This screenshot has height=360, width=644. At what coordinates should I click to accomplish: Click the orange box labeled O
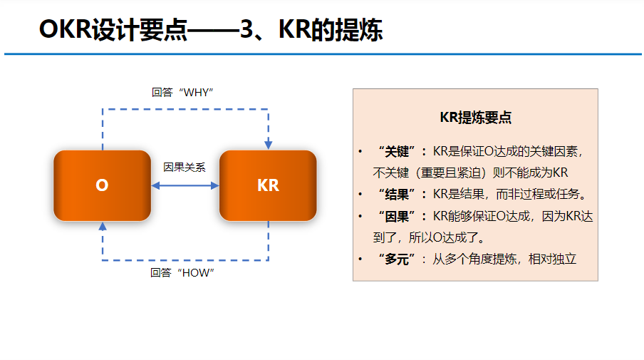tap(102, 185)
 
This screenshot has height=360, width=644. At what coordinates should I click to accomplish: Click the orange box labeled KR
tap(268, 185)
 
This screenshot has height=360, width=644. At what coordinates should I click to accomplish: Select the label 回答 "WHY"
tap(182, 93)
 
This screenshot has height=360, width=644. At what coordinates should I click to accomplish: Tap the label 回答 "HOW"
tap(182, 272)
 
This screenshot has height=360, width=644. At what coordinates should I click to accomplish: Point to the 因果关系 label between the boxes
tap(185, 168)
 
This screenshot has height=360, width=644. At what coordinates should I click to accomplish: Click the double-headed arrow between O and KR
tap(185, 185)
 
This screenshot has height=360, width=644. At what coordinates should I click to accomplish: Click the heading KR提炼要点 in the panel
tap(475, 118)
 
